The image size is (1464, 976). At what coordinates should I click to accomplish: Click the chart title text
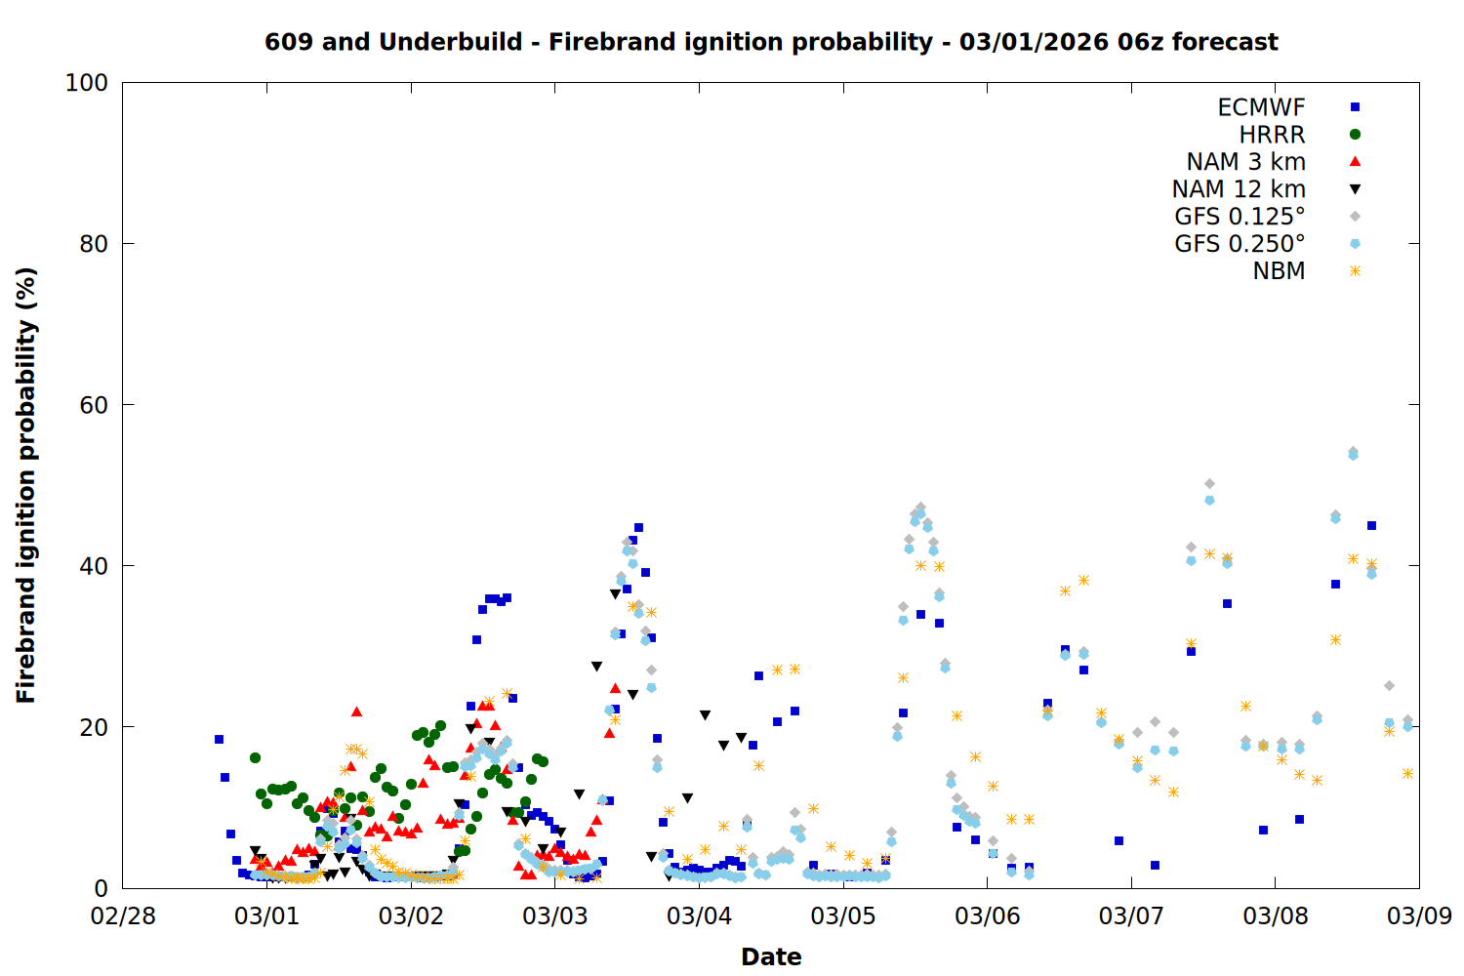[771, 42]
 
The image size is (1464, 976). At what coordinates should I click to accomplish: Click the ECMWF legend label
[1261, 107]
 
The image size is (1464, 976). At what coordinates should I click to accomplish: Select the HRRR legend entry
[1272, 135]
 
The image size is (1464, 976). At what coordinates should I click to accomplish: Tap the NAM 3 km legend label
[1245, 162]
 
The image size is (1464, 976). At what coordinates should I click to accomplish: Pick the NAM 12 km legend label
[1239, 189]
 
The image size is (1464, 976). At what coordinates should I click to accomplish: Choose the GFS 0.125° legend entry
[1240, 217]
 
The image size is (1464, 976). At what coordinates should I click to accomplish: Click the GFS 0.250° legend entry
[1240, 244]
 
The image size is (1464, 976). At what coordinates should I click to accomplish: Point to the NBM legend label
[1279, 271]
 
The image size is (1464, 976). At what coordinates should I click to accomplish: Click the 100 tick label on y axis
[87, 83]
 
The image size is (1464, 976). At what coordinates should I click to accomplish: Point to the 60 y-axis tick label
[94, 405]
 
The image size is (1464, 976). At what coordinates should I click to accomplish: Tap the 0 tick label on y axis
[102, 888]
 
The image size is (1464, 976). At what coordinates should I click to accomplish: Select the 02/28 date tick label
[123, 916]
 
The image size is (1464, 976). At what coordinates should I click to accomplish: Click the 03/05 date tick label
[843, 916]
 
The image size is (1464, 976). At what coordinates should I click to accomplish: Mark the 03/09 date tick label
[1419, 916]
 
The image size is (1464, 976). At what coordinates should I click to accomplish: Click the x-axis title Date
[771, 956]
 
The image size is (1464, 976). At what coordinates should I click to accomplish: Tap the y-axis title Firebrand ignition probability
[26, 485]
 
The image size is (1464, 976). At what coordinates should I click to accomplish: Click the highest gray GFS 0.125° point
[1353, 452]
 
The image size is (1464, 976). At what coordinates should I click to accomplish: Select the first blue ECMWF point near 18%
[219, 739]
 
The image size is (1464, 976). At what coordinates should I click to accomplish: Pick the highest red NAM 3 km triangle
[356, 712]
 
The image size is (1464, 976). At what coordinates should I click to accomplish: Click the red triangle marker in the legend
[1355, 162]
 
